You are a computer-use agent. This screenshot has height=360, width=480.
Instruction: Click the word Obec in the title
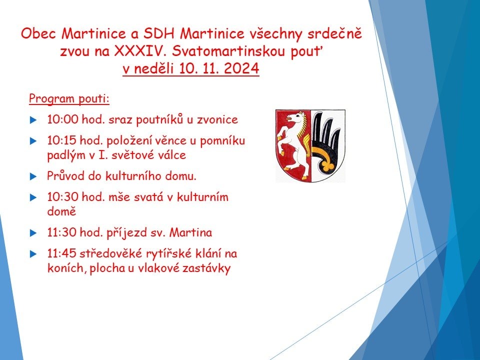pyautogui.click(x=38, y=33)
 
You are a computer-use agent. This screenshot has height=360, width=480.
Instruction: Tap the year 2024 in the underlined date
pyautogui.click(x=241, y=68)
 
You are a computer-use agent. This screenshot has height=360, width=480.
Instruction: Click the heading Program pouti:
pyautogui.click(x=69, y=98)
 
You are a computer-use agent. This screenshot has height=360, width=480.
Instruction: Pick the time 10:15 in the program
pyautogui.click(x=61, y=140)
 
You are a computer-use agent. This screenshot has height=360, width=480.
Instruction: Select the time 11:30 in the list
pyautogui.click(x=61, y=232)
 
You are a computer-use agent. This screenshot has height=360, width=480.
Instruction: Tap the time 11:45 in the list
pyautogui.click(x=61, y=253)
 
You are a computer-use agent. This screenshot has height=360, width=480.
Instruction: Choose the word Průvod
pyautogui.click(x=65, y=176)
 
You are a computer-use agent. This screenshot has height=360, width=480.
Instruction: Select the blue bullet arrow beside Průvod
pyautogui.click(x=33, y=176)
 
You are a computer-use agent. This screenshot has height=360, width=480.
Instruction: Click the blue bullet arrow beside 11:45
pyautogui.click(x=33, y=254)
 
